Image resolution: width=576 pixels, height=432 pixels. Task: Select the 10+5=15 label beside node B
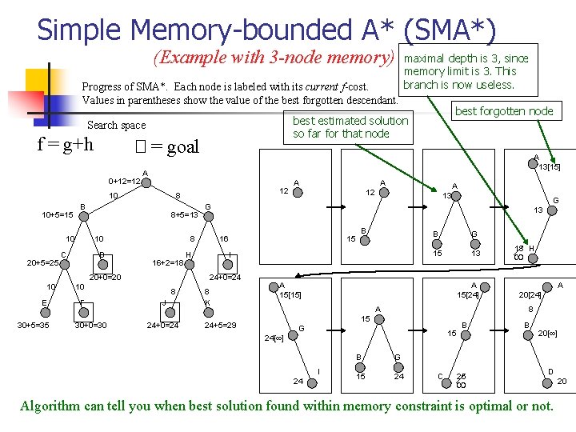(x=58, y=215)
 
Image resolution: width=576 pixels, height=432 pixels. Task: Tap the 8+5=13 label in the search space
(x=185, y=215)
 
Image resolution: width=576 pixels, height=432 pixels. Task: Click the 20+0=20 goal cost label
(x=105, y=278)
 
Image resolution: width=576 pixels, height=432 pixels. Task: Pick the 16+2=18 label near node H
(x=169, y=262)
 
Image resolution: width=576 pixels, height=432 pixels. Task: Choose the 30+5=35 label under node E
(x=34, y=325)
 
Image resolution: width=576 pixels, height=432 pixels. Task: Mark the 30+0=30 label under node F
(x=91, y=325)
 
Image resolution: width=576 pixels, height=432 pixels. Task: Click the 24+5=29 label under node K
(x=220, y=325)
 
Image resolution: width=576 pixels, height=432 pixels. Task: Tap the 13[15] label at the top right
(x=548, y=166)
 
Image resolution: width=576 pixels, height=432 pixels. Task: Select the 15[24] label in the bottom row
(x=468, y=294)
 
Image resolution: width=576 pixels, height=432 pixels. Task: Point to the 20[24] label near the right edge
(x=530, y=294)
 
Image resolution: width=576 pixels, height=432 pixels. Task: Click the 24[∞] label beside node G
(x=276, y=338)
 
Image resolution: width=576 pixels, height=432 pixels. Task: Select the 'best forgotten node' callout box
(x=504, y=111)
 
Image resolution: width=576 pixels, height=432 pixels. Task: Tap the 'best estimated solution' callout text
(x=350, y=121)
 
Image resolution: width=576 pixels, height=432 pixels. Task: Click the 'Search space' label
(x=116, y=125)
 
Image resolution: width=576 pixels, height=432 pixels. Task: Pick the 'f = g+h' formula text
(x=66, y=145)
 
